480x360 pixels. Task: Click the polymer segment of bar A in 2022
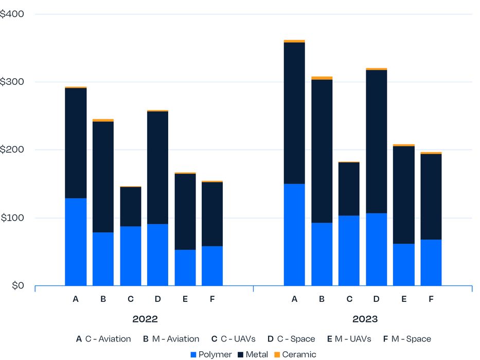[x=76, y=242]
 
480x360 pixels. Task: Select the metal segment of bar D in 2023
[x=377, y=141]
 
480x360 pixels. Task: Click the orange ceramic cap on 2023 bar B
[x=322, y=78]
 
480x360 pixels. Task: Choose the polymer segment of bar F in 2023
[x=431, y=262]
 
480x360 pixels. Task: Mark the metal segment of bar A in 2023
[x=294, y=113]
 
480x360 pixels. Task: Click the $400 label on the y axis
[x=12, y=14]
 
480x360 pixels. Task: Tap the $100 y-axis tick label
[x=12, y=218]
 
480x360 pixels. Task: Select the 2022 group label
[x=145, y=319]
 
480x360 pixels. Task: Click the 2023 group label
[x=365, y=319]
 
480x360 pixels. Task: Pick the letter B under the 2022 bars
[x=103, y=299]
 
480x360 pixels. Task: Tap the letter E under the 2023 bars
[x=404, y=299]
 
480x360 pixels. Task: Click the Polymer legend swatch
[x=193, y=354]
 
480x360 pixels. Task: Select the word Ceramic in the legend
[x=299, y=354]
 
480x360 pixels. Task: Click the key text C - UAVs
[x=235, y=339]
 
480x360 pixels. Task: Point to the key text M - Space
[x=411, y=339]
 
